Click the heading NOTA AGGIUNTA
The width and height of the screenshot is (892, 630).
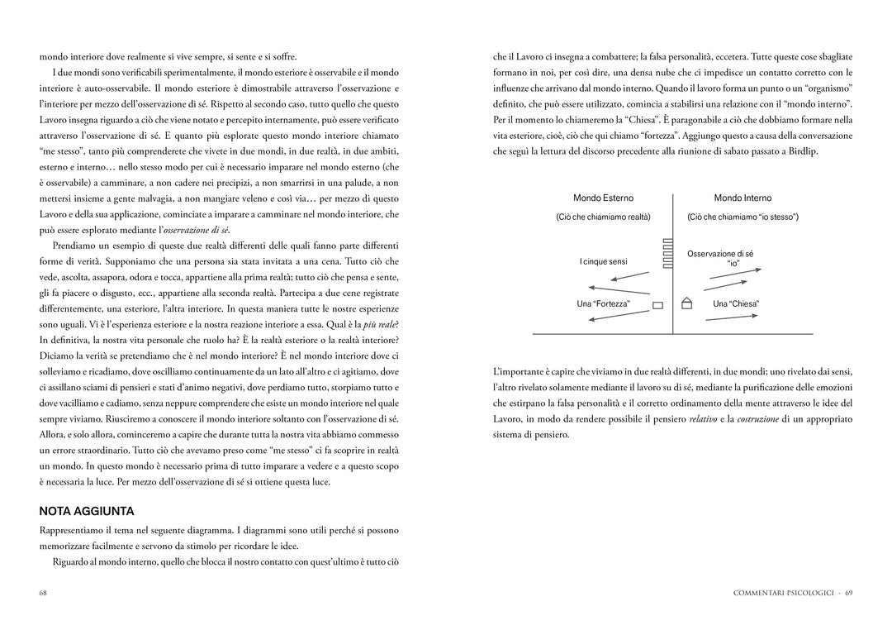(x=87, y=511)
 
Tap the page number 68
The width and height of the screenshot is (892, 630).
(x=43, y=593)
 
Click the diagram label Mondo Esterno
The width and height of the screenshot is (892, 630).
(x=604, y=198)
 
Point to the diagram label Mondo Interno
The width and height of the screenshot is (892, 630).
(x=743, y=198)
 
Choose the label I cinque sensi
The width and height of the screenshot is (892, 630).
(x=603, y=262)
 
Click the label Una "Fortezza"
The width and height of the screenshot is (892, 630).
(x=603, y=304)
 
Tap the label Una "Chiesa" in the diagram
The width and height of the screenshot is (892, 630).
(x=736, y=304)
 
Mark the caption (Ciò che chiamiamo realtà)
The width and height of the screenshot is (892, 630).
(x=603, y=217)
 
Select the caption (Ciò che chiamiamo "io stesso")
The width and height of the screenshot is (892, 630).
(x=743, y=217)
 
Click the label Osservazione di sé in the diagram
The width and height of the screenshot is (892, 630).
(x=720, y=255)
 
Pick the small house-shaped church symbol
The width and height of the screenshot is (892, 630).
(x=686, y=303)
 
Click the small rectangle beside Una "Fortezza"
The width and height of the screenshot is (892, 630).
(x=658, y=305)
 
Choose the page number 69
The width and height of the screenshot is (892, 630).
(x=848, y=593)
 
